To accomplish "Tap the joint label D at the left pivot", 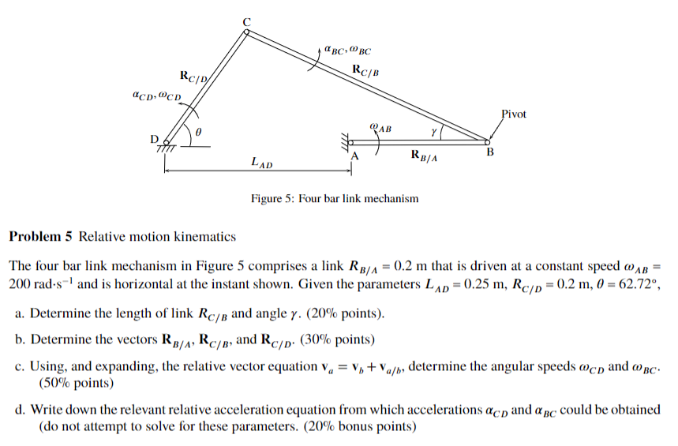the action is (x=155, y=138).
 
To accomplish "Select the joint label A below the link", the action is (x=354, y=156).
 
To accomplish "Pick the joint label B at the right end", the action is (x=489, y=152).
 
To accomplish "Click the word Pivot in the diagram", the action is (x=514, y=114).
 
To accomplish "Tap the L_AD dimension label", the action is (x=261, y=163).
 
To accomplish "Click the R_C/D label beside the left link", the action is (x=193, y=77).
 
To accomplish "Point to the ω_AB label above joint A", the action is (x=380, y=127).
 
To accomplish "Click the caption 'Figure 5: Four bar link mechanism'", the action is (x=335, y=198).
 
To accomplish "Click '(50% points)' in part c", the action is (x=76, y=383).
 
